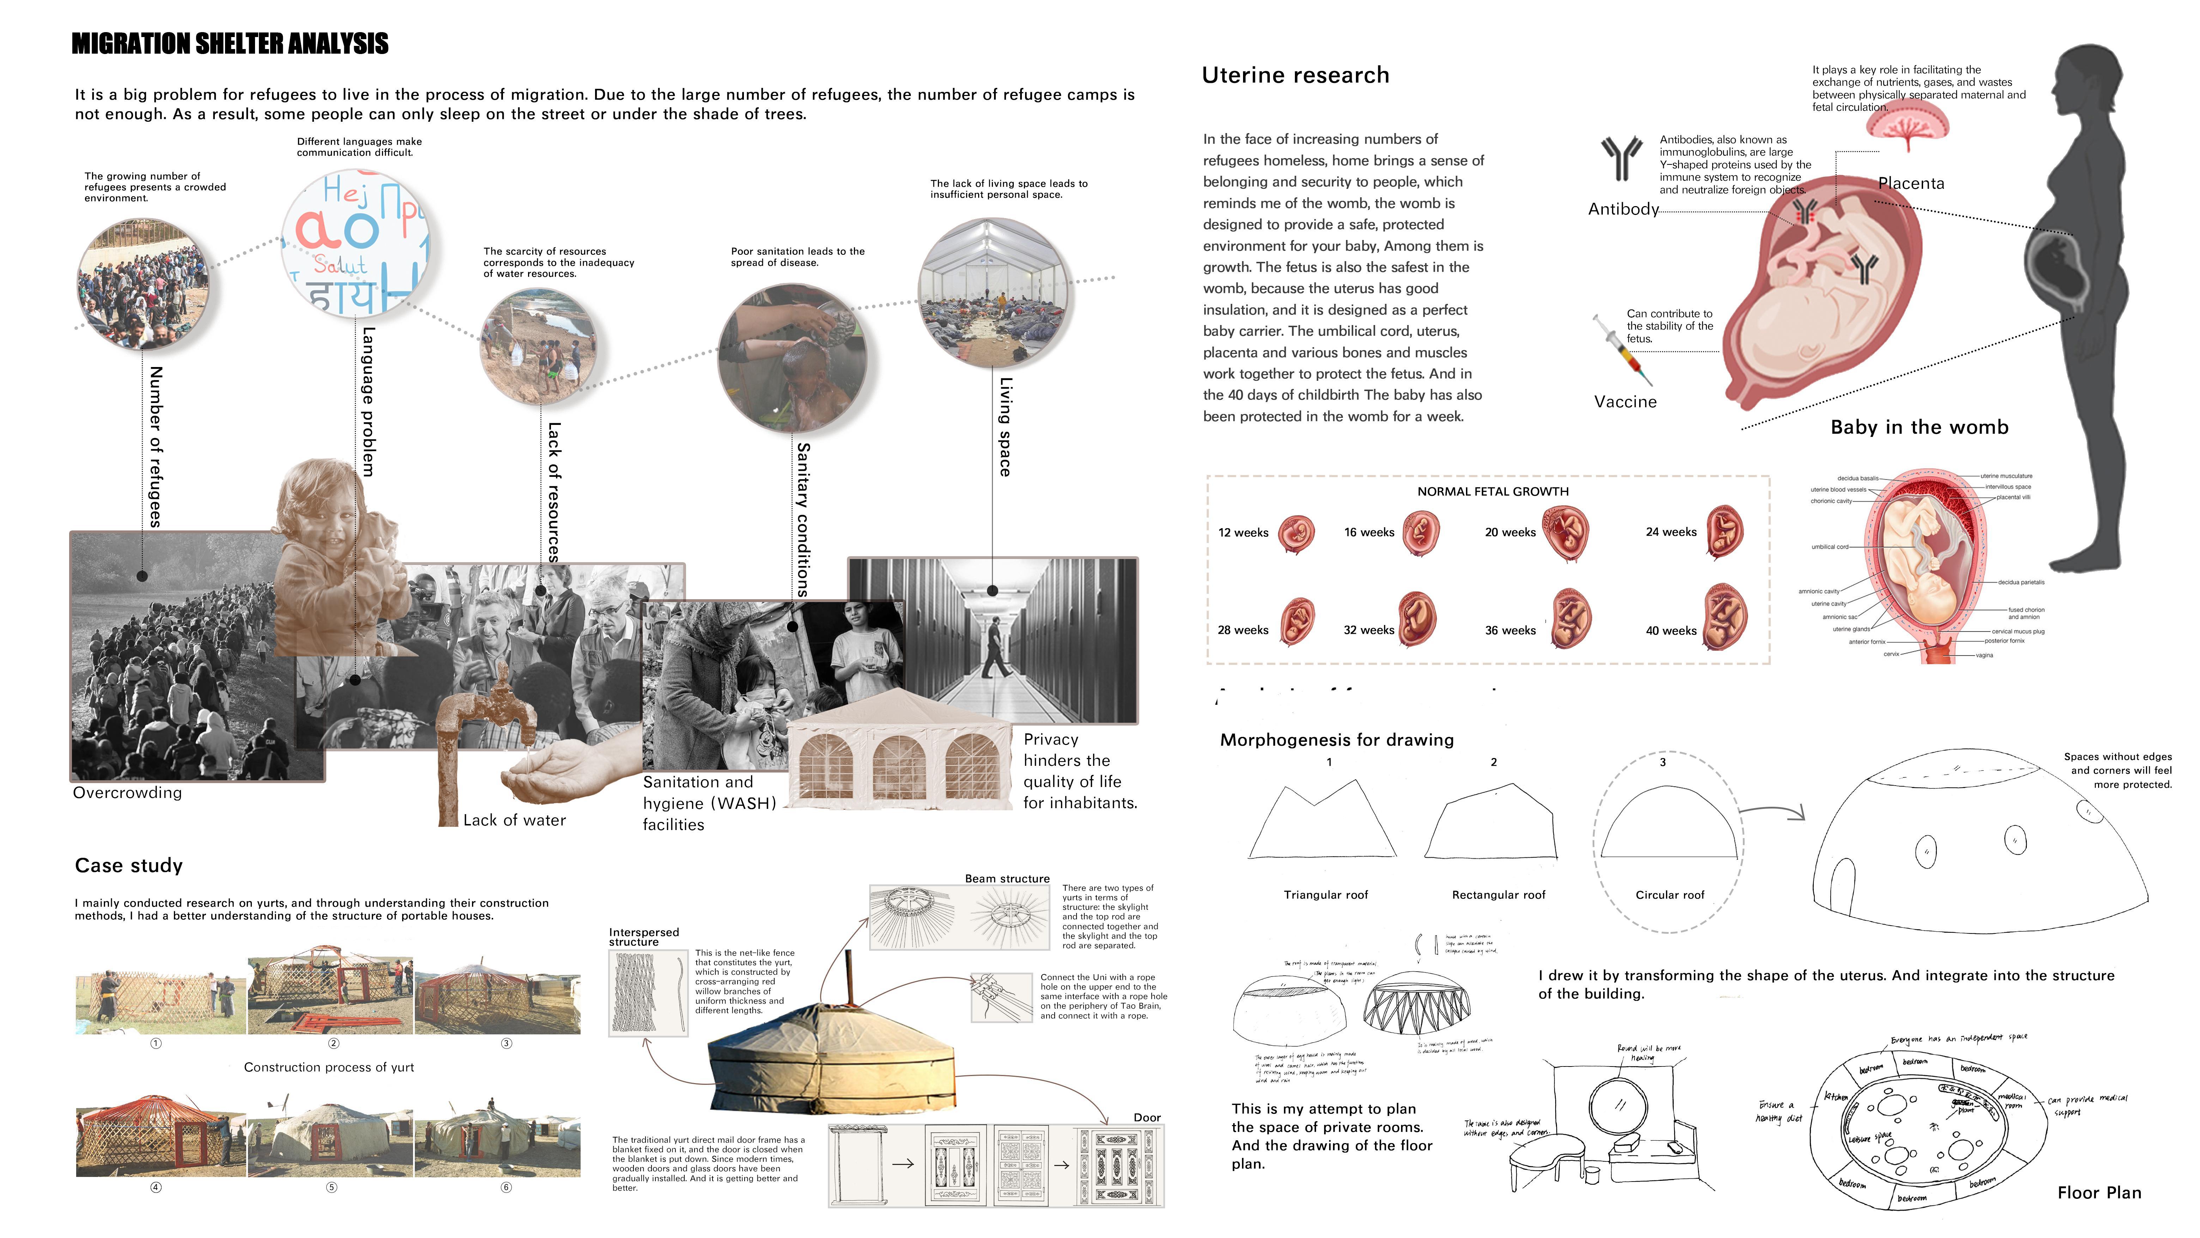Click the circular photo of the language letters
pos(355,244)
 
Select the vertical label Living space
pos(1005,427)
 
